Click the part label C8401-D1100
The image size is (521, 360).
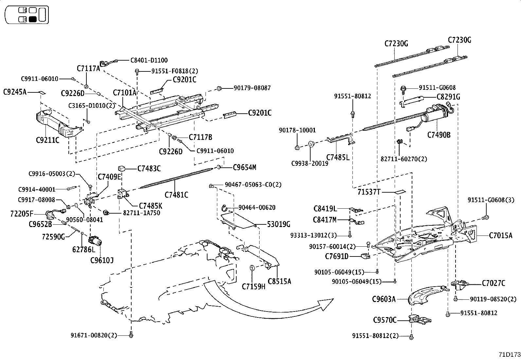149,60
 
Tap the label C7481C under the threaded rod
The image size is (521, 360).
176,195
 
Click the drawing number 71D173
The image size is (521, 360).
509,354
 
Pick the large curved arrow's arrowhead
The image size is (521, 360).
326,304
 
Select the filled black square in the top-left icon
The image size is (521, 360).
33,19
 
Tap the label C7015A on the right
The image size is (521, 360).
500,235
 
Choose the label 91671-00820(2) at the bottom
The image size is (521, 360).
98,335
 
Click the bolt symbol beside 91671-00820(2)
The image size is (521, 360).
131,335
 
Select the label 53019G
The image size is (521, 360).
278,224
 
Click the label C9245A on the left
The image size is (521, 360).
15,92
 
